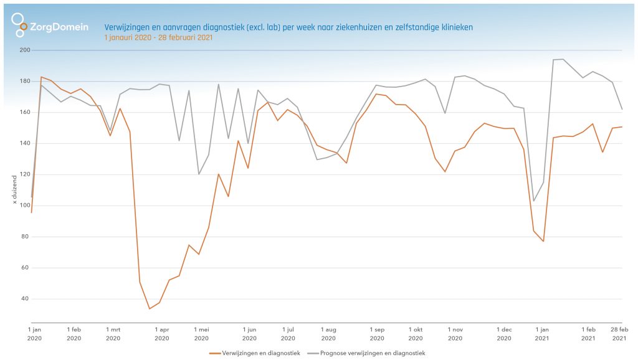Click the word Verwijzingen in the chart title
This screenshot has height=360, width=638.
point(126,27)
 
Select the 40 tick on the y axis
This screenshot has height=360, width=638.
point(24,299)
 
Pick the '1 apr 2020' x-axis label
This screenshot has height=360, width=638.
point(161,333)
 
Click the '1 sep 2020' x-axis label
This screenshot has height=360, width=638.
point(377,333)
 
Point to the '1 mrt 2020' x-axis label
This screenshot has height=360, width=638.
point(113,333)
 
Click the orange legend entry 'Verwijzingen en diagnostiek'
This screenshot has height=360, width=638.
point(255,353)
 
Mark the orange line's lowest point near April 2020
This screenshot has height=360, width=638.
point(150,308)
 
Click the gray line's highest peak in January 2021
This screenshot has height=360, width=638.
point(563,59)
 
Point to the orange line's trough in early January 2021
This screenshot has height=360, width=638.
point(543,241)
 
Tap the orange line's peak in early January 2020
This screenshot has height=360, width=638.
point(41,77)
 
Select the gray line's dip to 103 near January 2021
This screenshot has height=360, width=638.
point(533,201)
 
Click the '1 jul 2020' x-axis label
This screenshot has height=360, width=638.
point(288,333)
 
